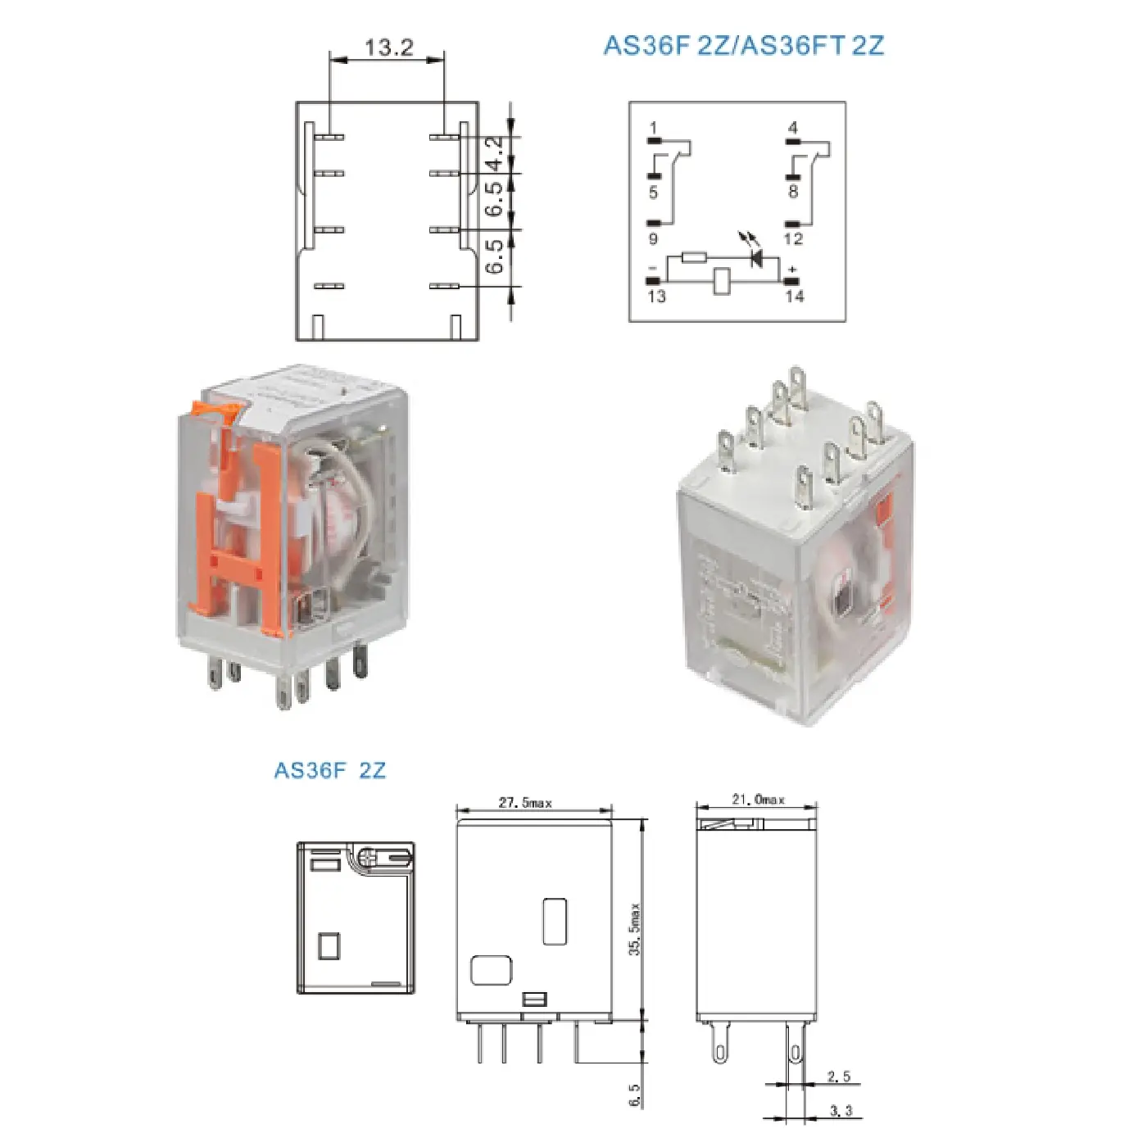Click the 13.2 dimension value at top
tap(388, 48)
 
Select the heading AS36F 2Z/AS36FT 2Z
tap(743, 45)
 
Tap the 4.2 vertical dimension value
tap(495, 153)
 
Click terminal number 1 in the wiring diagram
tap(653, 128)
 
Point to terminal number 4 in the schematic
tap(792, 128)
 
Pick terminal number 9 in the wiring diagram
tap(653, 239)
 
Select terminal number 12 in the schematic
tap(792, 239)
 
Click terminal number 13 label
tap(656, 297)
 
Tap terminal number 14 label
tap(794, 297)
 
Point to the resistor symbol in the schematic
tap(694, 257)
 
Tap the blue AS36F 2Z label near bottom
tap(329, 771)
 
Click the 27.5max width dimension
tap(525, 803)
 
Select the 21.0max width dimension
tap(758, 800)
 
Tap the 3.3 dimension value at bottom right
tap(841, 1111)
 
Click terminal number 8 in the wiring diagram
tap(792, 192)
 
